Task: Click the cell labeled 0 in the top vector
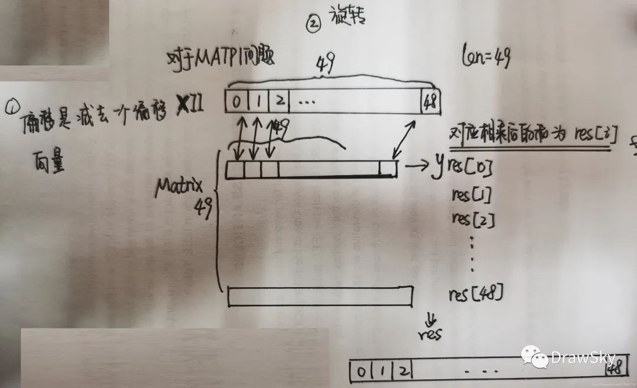pyautogui.click(x=236, y=102)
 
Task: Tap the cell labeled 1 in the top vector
pyautogui.click(x=258, y=102)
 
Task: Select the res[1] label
pyautogui.click(x=471, y=194)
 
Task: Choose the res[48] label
pyautogui.click(x=476, y=292)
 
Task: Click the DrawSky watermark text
pyautogui.click(x=583, y=357)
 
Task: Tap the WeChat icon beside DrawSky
pyautogui.click(x=534, y=357)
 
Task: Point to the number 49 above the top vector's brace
pyautogui.click(x=325, y=63)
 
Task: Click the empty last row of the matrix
pyautogui.click(x=320, y=295)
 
